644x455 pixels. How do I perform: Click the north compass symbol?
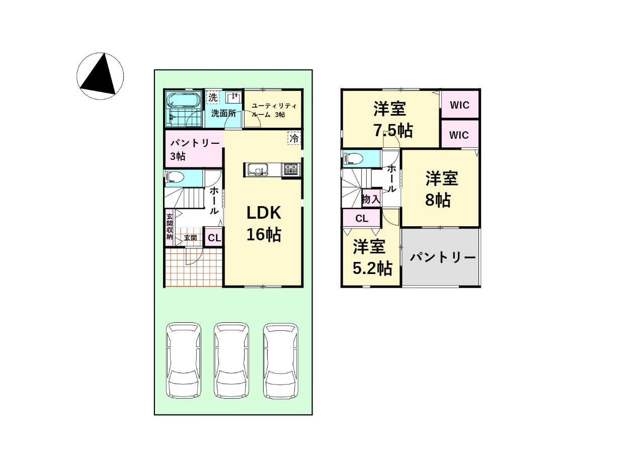pos(100,76)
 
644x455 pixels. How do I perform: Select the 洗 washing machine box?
pos(213,97)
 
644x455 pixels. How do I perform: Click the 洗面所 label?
pos(223,114)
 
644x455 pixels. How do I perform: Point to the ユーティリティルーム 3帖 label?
pos(274,110)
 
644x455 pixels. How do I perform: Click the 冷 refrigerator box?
pos(294,138)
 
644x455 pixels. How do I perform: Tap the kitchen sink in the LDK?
pos(258,170)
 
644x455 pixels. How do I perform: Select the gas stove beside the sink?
pos(292,169)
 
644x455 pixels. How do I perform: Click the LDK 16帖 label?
pos(264,224)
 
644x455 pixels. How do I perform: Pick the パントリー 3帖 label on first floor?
pos(195,149)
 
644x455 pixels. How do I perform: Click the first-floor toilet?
pos(175,177)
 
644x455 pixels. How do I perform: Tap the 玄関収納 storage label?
pos(170,227)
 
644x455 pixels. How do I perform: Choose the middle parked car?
pos(231,360)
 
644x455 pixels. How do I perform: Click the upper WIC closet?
pos(460,105)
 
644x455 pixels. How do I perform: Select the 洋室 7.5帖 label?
pos(392,120)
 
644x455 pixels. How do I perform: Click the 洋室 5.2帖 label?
pos(371,257)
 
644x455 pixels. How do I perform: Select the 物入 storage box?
pos(371,198)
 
